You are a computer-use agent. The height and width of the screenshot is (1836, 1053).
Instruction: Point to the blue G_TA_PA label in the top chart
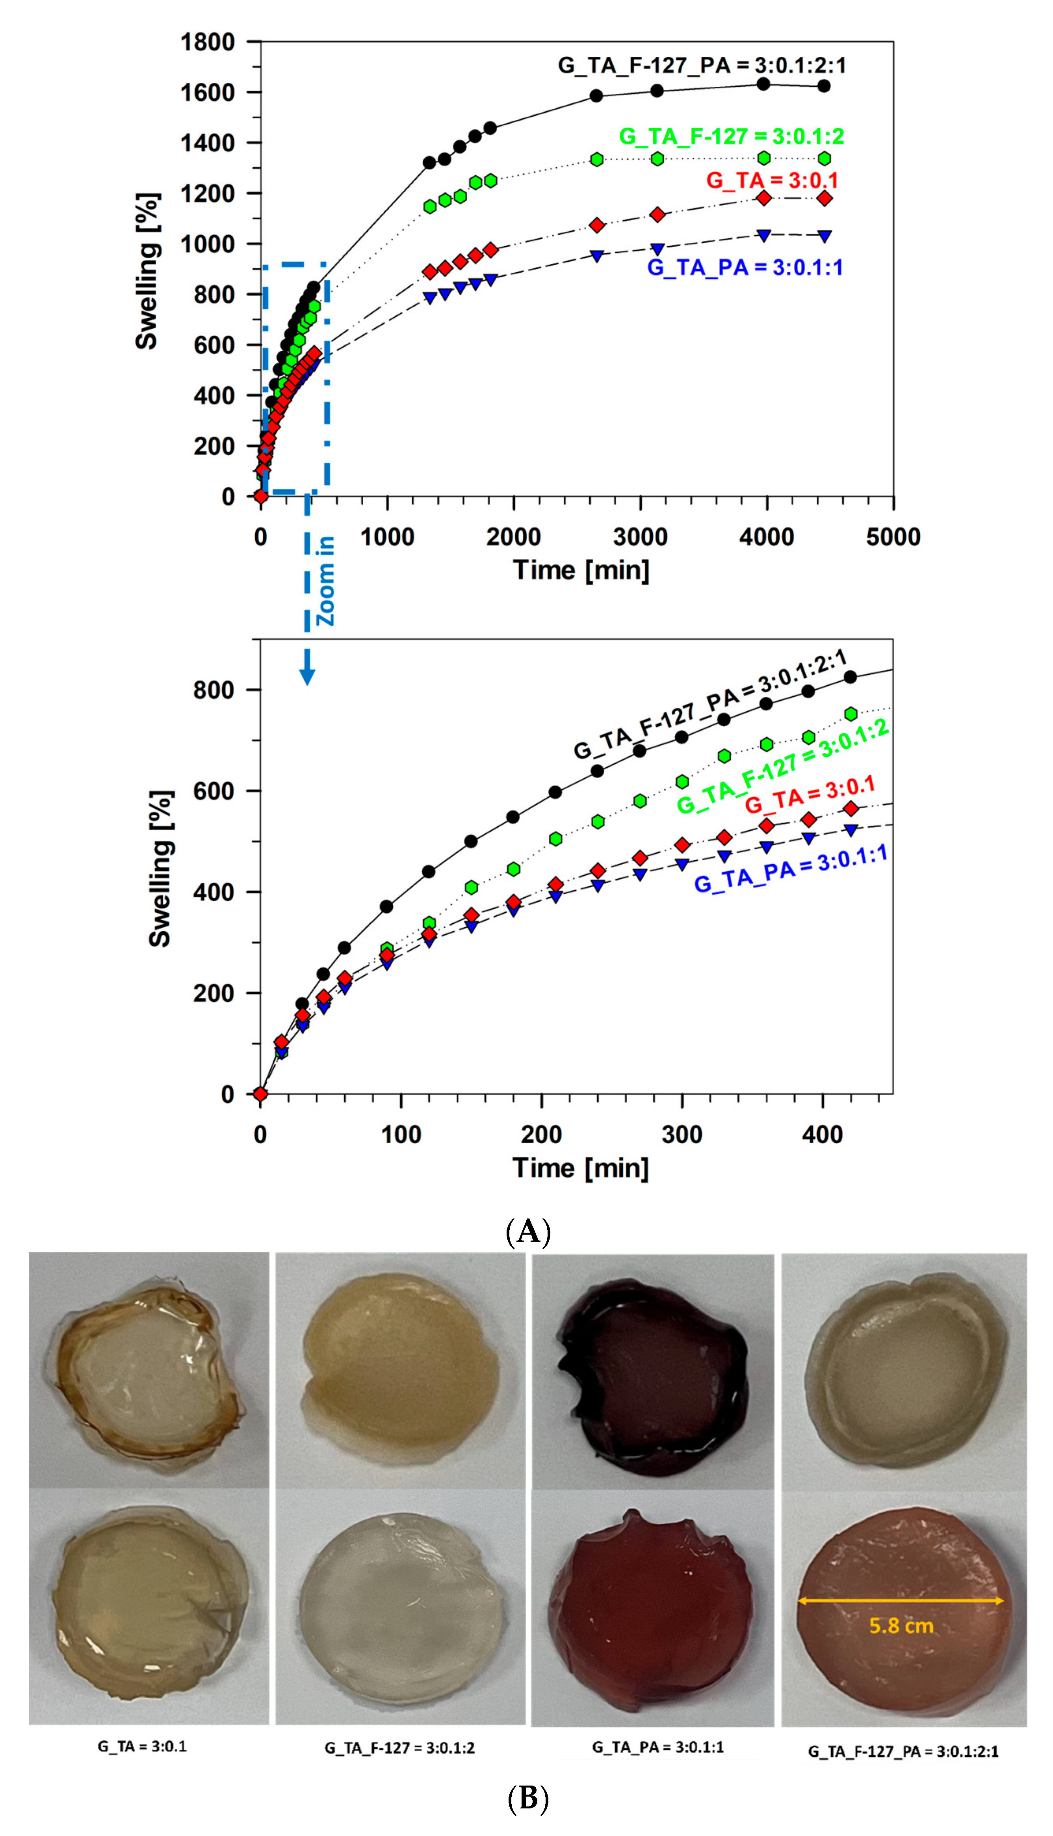[745, 268]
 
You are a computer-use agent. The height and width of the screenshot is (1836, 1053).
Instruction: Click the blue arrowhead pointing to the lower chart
[307, 676]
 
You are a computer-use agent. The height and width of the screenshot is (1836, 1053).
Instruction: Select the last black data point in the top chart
[824, 86]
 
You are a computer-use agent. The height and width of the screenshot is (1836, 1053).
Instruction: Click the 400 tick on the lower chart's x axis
[822, 1134]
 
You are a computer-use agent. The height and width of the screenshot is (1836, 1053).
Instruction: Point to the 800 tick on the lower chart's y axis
[214, 690]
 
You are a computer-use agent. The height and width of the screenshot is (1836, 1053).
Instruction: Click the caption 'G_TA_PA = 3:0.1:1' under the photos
[657, 1747]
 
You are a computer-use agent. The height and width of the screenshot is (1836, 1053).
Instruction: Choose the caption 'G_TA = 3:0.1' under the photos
[143, 1746]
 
